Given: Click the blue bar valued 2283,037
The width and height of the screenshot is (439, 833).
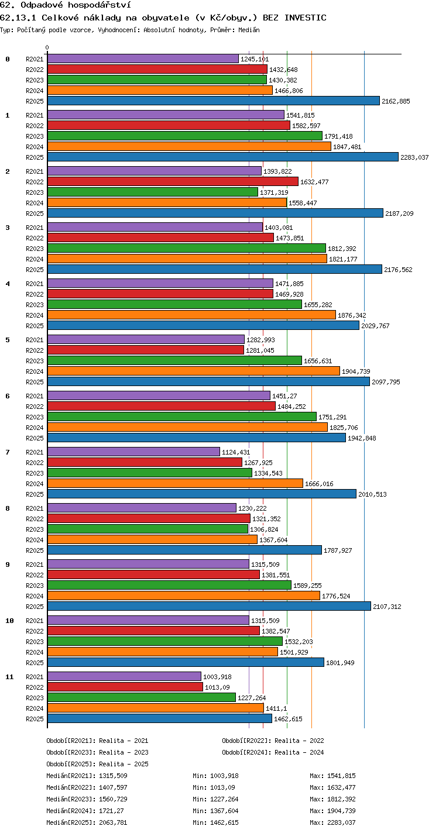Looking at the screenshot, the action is tap(223, 157).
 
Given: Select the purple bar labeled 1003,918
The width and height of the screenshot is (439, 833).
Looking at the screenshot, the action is tap(124, 676).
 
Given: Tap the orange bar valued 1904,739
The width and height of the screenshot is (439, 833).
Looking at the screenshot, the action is tap(194, 371).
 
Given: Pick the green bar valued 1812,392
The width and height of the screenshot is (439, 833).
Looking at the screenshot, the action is tap(186, 249).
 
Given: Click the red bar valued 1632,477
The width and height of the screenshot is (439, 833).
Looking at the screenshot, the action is tap(173, 181).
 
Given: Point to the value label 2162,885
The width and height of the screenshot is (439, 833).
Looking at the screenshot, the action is tap(396, 101).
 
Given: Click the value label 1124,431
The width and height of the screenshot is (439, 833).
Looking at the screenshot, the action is tap(236, 452).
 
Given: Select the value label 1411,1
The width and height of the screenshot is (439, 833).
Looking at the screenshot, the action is tap(276, 708).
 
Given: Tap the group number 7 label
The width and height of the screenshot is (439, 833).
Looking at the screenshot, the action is tap(8, 452).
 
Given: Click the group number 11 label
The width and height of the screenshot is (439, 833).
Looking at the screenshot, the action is tap(9, 677).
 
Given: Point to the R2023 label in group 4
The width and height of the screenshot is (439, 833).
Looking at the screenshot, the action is tap(35, 305).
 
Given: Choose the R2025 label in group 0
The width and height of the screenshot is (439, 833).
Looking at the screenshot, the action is tap(35, 101).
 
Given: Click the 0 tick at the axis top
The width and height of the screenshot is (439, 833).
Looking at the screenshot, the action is tap(47, 47).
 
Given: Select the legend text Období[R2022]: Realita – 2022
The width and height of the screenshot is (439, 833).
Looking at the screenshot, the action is tap(273, 741).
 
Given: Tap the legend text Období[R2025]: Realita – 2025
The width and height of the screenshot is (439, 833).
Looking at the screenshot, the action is tap(97, 764).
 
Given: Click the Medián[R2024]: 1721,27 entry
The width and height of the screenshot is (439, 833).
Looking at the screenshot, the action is tap(85, 811).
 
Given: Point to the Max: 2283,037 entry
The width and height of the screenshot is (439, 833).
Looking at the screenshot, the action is tap(332, 822).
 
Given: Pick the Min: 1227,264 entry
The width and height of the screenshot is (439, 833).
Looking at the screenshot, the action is tap(215, 799).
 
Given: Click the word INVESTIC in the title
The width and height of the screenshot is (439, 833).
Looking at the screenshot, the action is tap(306, 18).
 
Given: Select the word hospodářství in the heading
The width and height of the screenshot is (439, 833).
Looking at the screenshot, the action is tap(100, 5).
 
